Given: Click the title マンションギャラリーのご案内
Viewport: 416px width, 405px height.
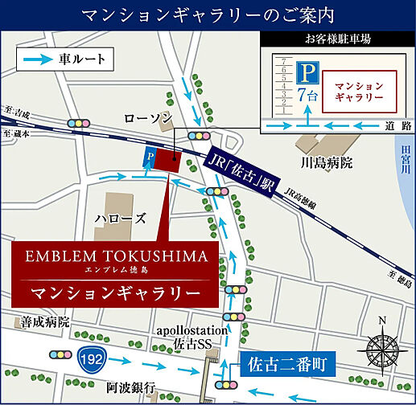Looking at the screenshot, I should click(208, 14).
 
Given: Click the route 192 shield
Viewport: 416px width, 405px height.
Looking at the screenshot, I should click(89, 354).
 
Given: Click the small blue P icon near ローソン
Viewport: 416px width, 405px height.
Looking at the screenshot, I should click(148, 158).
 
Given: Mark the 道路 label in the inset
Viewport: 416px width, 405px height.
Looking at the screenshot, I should click(392, 126).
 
